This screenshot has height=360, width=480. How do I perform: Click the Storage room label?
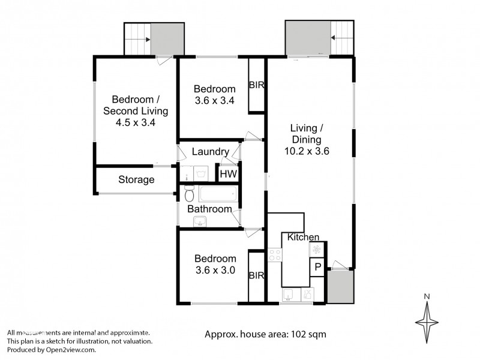[x=136, y=179]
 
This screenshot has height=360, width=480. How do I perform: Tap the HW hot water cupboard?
[x=227, y=174]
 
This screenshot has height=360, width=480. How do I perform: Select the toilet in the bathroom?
[x=189, y=194]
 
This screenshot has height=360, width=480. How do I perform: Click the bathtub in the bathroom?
[x=218, y=194]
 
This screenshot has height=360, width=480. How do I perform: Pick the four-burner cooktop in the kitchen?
[x=275, y=255]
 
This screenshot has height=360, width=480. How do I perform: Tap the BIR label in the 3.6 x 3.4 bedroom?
[x=256, y=85]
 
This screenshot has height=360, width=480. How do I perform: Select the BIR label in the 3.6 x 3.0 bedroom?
[x=256, y=276]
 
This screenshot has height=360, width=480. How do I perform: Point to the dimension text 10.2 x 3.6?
[x=307, y=151]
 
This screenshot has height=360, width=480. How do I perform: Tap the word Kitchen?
[x=303, y=238]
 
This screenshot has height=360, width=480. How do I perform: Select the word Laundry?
[x=209, y=152]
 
